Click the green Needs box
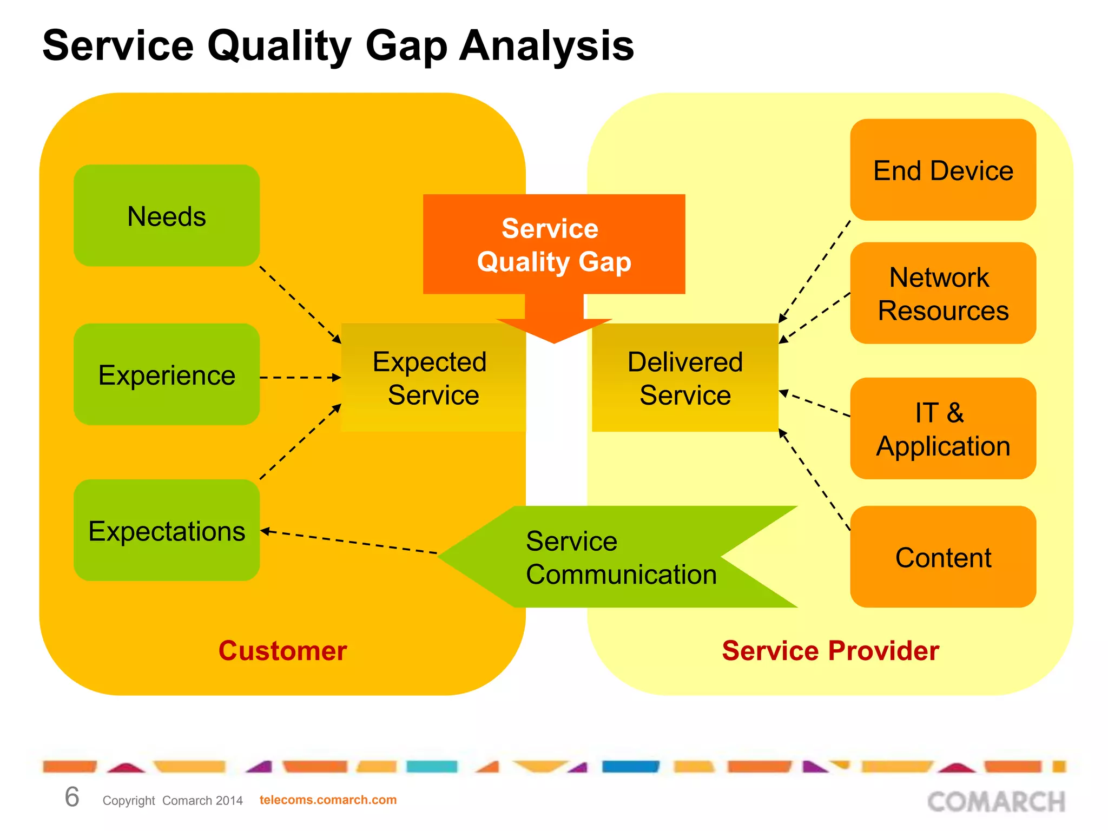[x=167, y=215]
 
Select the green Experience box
[x=167, y=374]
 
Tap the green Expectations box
[x=167, y=530]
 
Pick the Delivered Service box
[x=685, y=378]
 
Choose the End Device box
[x=943, y=170]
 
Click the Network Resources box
[x=943, y=293]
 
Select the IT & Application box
[x=943, y=428]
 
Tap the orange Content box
[x=943, y=557]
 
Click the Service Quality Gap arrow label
[x=553, y=245]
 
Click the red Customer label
[x=282, y=651]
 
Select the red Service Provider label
[x=830, y=651]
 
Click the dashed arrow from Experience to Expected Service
[x=300, y=378]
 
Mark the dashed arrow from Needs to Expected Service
[x=300, y=305]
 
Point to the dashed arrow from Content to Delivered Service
[x=814, y=479]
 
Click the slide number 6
[x=72, y=797]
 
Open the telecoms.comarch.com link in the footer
[x=328, y=800]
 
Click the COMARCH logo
[x=996, y=801]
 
